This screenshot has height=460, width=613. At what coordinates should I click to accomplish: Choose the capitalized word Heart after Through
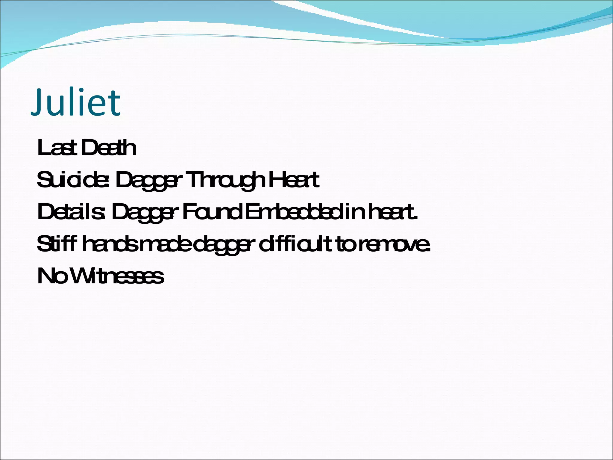pyautogui.click(x=294, y=180)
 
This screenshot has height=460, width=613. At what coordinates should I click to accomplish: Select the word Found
pyautogui.click(x=213, y=212)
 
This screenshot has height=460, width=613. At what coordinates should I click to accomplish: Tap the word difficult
pyautogui.click(x=295, y=244)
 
